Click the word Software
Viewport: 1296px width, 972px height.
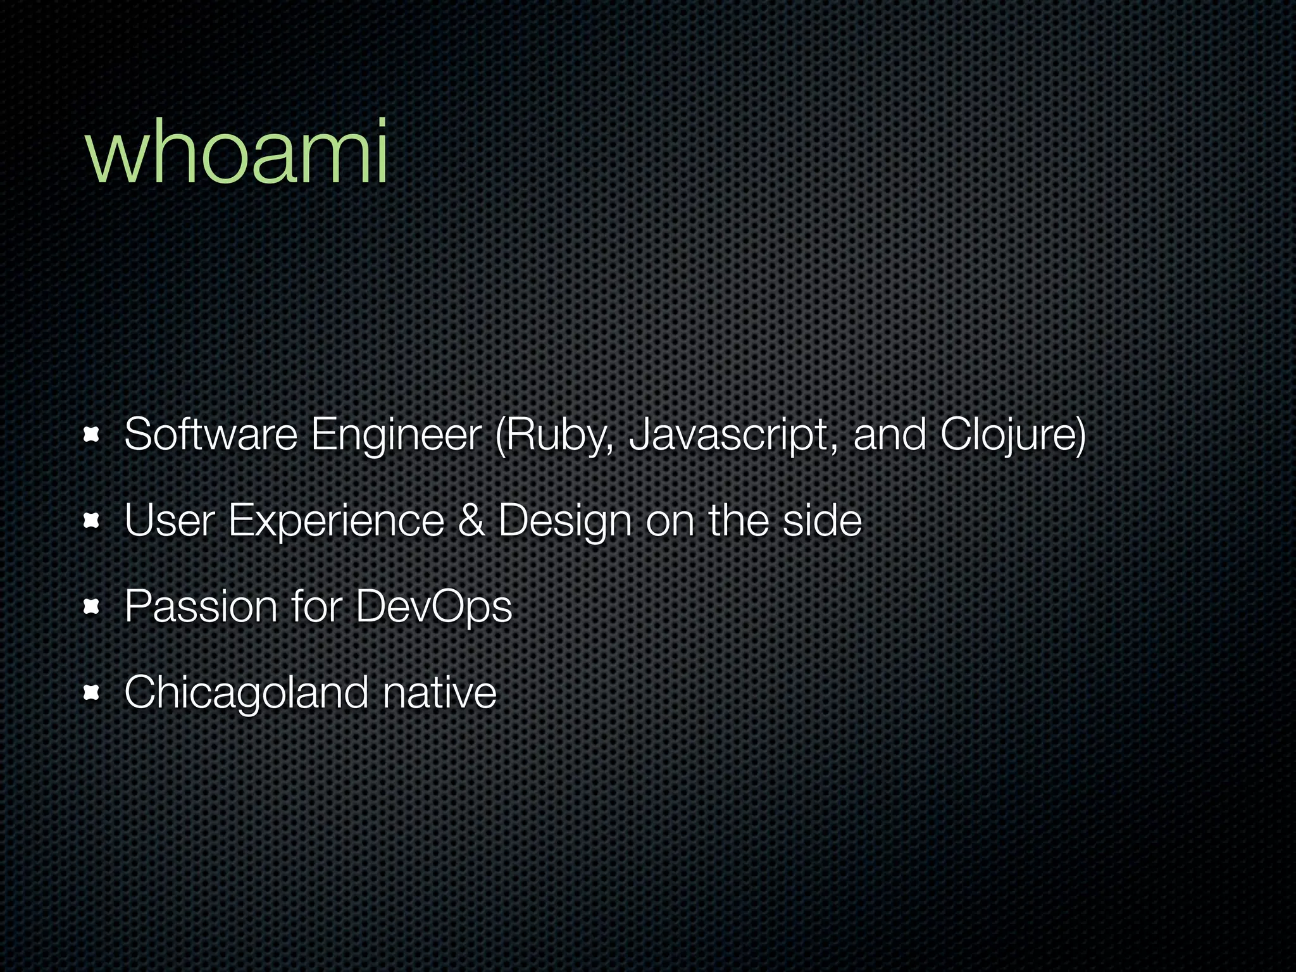tap(211, 435)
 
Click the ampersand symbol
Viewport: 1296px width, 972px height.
tap(471, 521)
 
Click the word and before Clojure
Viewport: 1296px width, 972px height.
tap(890, 435)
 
